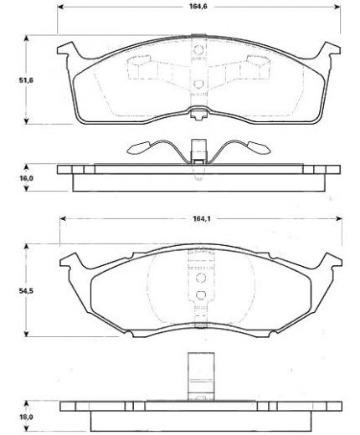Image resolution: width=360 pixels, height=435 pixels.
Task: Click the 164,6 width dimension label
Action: tap(198, 7)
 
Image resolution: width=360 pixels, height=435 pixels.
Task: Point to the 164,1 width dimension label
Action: tap(202, 218)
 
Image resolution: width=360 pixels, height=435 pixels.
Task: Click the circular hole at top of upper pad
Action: tap(198, 49)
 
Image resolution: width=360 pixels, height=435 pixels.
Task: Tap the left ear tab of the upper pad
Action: tap(66, 49)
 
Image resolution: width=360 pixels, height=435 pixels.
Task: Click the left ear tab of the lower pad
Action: tap(69, 261)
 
